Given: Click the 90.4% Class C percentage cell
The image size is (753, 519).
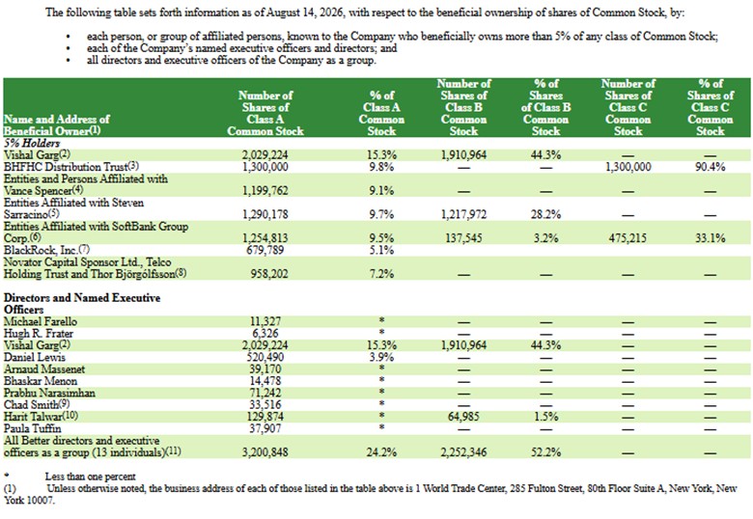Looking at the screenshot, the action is tap(710, 167).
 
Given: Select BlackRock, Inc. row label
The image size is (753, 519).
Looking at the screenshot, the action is tap(46, 250).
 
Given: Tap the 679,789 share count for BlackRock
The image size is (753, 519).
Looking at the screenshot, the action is tap(265, 250).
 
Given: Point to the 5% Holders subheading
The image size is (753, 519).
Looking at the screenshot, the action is tap(32, 143).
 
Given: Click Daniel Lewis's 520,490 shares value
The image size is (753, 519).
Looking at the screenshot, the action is tap(265, 357).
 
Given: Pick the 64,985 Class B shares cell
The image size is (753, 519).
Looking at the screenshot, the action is tap(463, 417).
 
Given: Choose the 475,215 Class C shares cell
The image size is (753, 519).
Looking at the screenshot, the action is tap(627, 238).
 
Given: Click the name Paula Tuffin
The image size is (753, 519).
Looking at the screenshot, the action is tap(32, 428).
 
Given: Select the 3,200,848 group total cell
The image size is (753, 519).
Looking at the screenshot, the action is tap(265, 451).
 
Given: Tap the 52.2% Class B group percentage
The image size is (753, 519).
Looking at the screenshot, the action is tap(545, 451).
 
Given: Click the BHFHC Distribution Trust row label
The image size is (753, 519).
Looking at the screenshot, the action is tap(71, 167).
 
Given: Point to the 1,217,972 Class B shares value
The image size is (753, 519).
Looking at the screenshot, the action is tap(463, 214).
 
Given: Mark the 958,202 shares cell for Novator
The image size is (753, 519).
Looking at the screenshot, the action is tap(269, 273).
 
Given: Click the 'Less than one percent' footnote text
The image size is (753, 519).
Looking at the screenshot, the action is tap(91, 477).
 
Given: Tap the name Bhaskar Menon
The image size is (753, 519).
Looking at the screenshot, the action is tap(41, 381).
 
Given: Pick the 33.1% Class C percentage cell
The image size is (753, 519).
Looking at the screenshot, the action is tap(710, 238).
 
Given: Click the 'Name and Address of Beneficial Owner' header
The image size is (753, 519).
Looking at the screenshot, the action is tap(57, 124).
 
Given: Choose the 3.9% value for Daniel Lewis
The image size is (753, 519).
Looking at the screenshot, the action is tap(381, 357).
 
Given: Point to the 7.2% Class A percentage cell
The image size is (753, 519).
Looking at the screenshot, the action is tap(381, 273).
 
